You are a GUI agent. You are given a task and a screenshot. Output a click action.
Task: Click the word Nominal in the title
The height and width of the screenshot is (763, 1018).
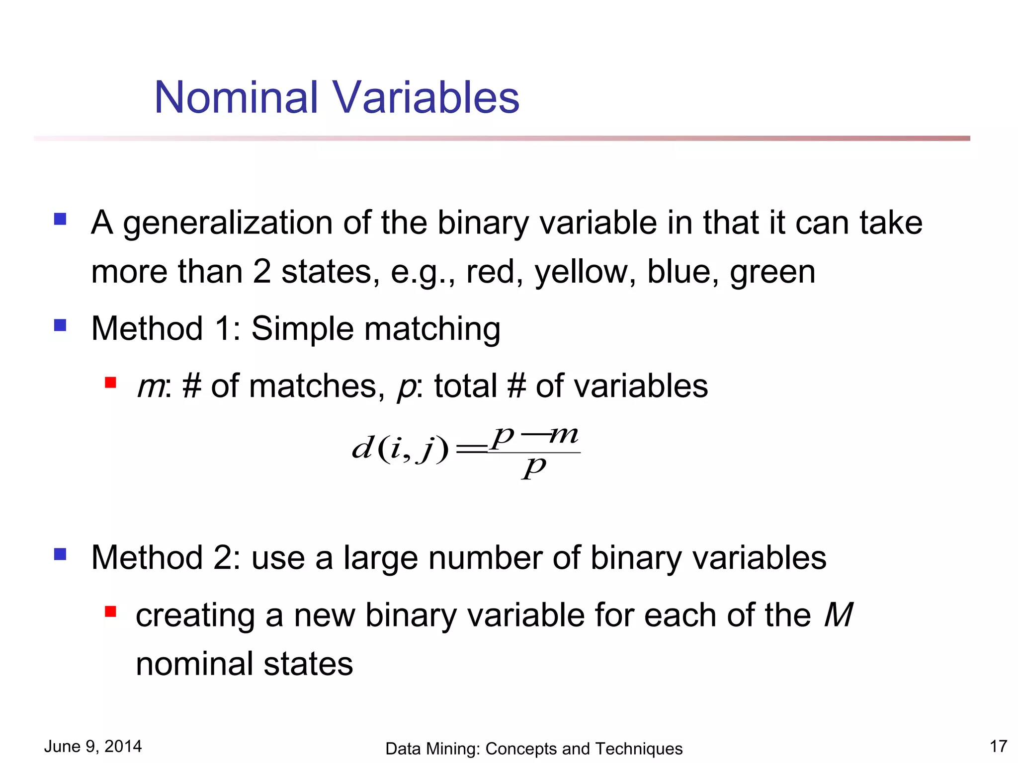[x=236, y=97]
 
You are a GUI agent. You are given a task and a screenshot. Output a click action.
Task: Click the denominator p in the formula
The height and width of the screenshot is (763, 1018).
[x=534, y=467]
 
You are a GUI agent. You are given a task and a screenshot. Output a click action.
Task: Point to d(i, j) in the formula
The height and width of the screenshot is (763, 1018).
[x=400, y=448]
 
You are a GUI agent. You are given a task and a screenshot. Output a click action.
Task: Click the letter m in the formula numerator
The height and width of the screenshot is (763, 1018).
[x=564, y=436]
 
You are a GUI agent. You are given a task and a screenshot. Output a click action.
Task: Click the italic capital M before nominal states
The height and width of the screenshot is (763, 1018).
[x=838, y=615]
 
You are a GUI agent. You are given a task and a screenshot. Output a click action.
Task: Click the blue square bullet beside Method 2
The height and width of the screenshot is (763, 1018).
[x=61, y=554]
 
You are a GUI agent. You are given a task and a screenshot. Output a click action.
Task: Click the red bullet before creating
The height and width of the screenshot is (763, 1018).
[x=110, y=611]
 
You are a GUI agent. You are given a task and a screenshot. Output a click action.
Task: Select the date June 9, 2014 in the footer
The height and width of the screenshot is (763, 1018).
[x=93, y=746]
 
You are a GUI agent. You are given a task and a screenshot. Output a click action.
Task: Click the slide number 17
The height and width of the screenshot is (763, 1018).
[x=998, y=746]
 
